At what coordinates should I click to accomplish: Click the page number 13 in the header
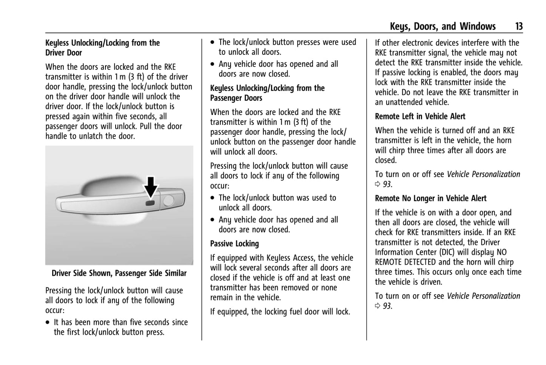click(x=518, y=26)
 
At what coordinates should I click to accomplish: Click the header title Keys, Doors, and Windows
click(x=442, y=26)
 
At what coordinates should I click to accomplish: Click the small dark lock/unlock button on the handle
click(x=150, y=203)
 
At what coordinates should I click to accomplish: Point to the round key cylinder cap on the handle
click(x=168, y=200)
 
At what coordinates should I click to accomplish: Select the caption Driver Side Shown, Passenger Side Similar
click(x=119, y=273)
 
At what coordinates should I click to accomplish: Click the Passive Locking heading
click(x=234, y=244)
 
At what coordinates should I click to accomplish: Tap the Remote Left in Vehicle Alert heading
click(x=420, y=116)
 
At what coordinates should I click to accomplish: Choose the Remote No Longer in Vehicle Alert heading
click(x=430, y=199)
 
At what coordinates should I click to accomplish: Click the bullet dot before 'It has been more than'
click(x=48, y=323)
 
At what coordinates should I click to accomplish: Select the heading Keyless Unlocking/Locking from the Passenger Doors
click(x=267, y=93)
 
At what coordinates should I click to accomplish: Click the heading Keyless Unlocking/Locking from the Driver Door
click(x=102, y=48)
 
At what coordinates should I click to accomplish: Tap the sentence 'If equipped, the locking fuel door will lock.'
click(x=280, y=312)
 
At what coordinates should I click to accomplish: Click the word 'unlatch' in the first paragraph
click(x=91, y=136)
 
